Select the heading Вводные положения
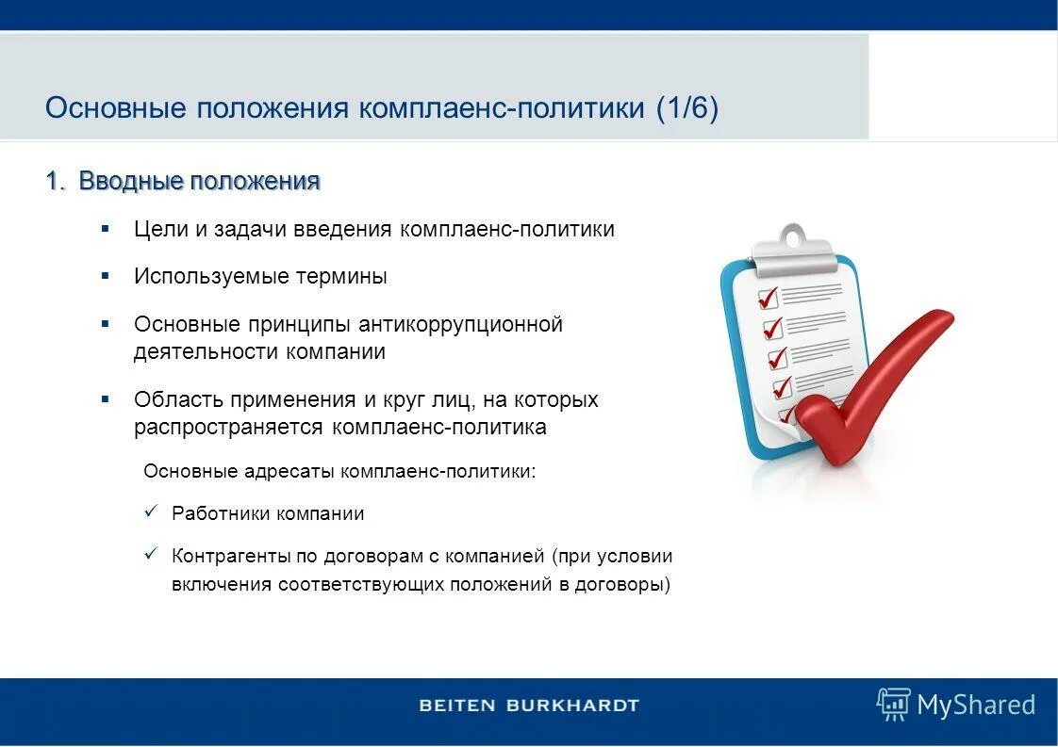click(199, 181)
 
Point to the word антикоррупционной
click(460, 324)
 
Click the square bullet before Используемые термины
click(106, 276)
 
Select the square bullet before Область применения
click(106, 399)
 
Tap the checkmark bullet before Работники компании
click(150, 512)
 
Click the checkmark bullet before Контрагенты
click(150, 553)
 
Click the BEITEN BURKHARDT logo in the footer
click(529, 705)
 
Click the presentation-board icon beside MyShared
click(892, 704)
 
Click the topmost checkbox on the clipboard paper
click(769, 298)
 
